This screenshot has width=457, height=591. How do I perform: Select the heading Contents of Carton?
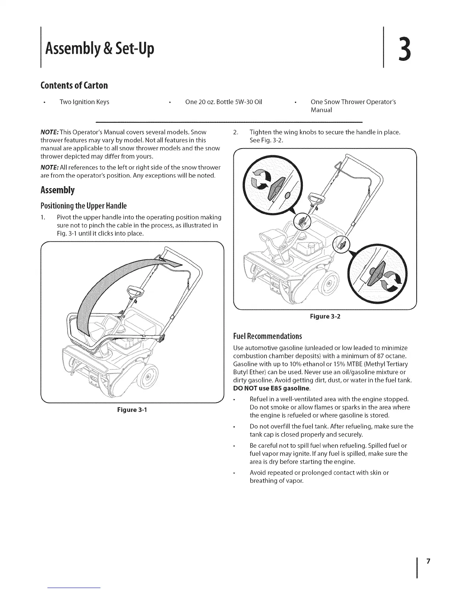pos(74,85)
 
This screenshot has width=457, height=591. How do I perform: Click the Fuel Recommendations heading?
pos(267,336)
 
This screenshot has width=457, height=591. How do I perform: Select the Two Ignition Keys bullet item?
pos(84,102)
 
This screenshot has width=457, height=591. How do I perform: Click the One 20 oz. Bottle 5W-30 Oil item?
pos(223,102)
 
